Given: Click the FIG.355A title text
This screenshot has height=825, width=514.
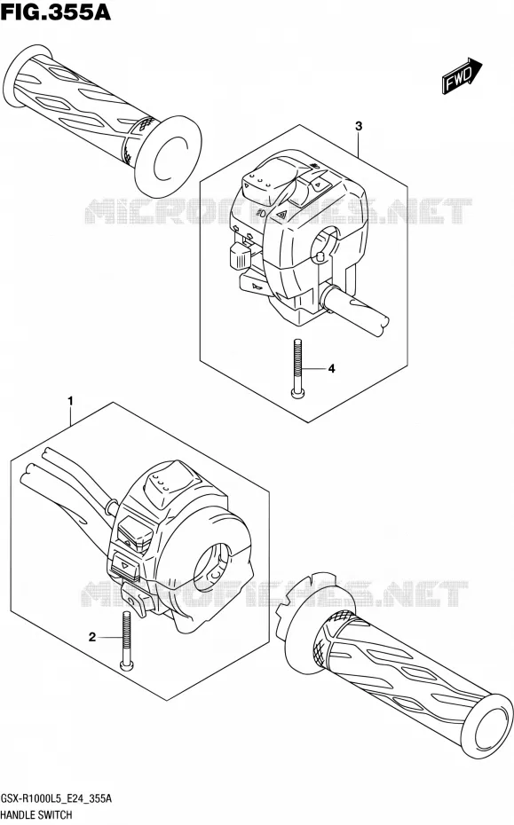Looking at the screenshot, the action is tap(56, 12).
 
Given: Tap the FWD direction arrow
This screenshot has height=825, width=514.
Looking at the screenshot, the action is tap(462, 77).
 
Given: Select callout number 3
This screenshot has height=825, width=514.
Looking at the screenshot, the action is tap(359, 126).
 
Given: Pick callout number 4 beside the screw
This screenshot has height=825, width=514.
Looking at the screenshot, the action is tap(331, 369).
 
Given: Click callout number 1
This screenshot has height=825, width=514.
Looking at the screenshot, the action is tap(70, 402).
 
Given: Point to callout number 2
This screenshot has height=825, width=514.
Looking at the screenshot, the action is tap(92, 638).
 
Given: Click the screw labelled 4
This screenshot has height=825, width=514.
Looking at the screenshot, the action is tap(297, 368).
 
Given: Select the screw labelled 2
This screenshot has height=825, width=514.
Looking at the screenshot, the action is tap(126, 641).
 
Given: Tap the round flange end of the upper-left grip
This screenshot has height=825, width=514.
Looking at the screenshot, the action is tap(168, 158).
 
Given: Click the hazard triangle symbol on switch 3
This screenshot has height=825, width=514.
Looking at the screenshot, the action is tap(281, 214).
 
